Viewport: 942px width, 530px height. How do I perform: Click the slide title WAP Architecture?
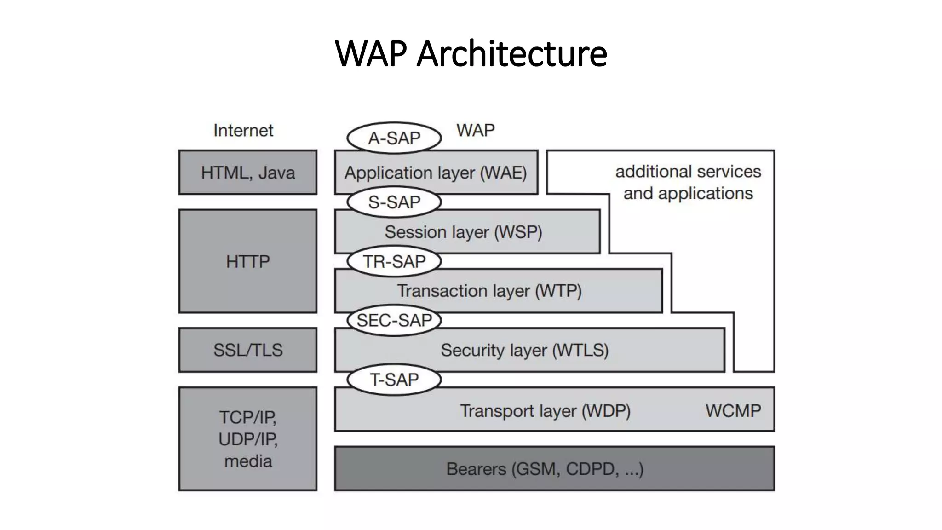click(x=471, y=54)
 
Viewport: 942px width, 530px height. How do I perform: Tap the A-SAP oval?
click(x=394, y=138)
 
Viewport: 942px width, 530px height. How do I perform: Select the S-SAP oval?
click(x=394, y=202)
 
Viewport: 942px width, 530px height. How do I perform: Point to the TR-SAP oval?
click(x=394, y=261)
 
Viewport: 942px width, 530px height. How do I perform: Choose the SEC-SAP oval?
click(x=394, y=320)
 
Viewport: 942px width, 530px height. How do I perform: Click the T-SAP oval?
click(x=394, y=380)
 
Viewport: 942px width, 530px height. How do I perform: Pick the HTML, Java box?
click(x=248, y=173)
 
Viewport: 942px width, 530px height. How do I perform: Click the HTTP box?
click(x=248, y=261)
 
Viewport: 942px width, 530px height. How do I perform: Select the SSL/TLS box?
click(x=248, y=350)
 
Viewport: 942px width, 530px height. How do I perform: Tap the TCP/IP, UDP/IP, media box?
click(x=248, y=439)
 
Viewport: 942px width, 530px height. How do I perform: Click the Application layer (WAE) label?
click(x=436, y=173)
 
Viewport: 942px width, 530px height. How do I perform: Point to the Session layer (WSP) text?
click(x=463, y=232)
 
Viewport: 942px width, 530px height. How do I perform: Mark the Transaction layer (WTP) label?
click(x=489, y=291)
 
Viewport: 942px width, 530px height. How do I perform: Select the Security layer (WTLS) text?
click(x=524, y=350)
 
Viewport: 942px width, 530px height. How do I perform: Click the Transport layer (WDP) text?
click(x=545, y=410)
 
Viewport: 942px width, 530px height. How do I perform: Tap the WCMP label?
click(x=733, y=410)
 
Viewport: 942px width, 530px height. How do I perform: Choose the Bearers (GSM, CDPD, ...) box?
click(x=554, y=469)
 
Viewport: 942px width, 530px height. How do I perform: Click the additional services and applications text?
click(x=688, y=182)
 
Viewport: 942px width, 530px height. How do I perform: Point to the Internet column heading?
click(x=243, y=131)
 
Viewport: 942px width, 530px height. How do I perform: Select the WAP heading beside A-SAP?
click(x=476, y=131)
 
